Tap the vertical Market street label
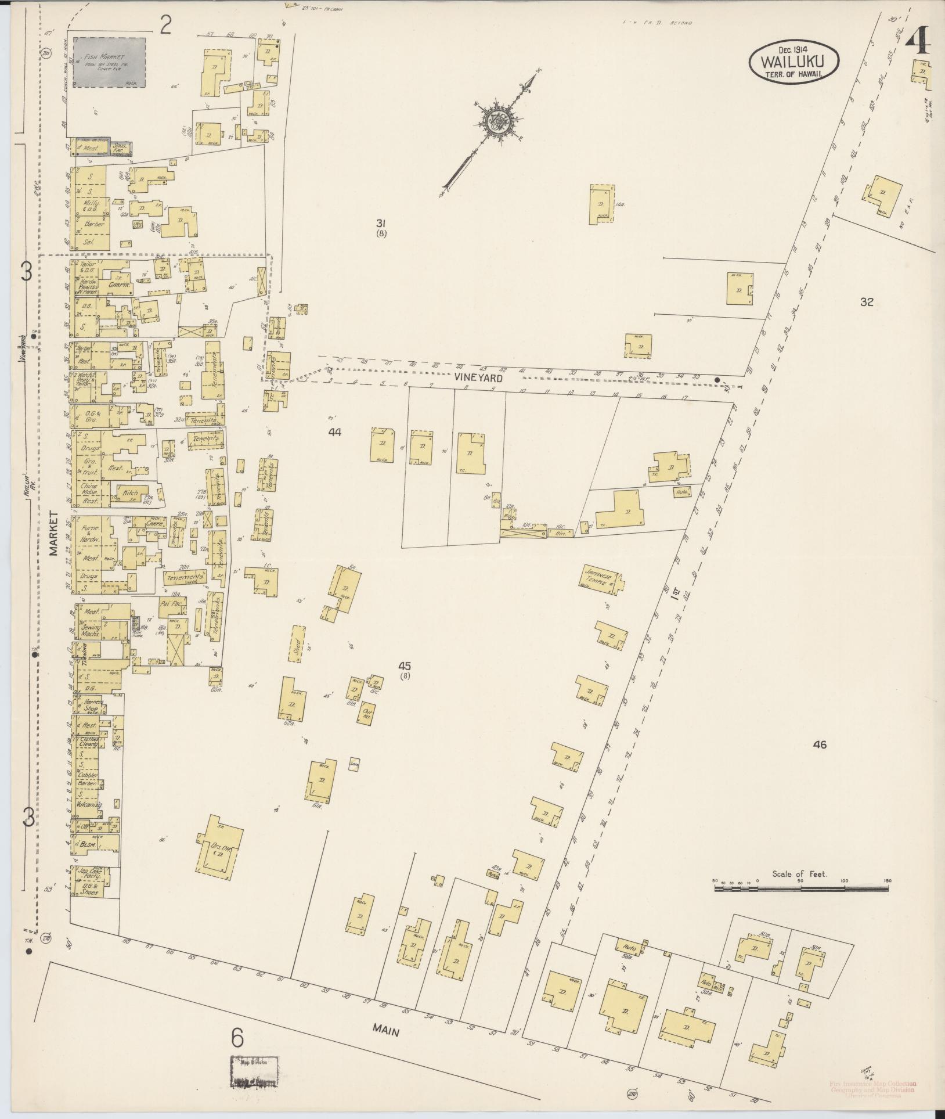[x=54, y=533]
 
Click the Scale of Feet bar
[x=800, y=904]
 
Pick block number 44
[x=334, y=431]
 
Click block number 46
[x=819, y=744]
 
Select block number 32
[x=867, y=301]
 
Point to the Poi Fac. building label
[x=172, y=605]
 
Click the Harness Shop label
[x=92, y=705]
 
